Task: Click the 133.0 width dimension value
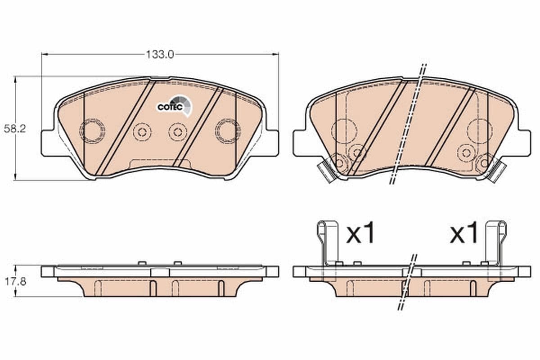tap(159, 54)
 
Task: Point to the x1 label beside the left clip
tap(360, 234)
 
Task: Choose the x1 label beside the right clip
tap(464, 234)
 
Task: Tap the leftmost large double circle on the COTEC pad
tap(92, 131)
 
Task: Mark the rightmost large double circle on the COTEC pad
tap(228, 131)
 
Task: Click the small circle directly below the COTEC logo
tap(178, 132)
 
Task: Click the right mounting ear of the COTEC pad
tap(271, 143)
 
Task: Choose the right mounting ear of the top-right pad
tap(523, 143)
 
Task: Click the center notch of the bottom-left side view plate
tap(160, 272)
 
